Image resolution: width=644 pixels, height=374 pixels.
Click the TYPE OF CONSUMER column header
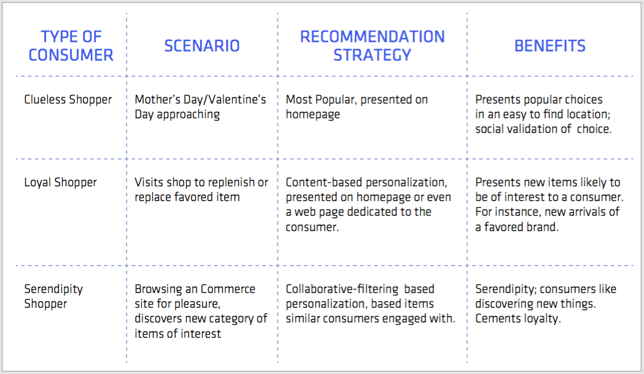point(71,46)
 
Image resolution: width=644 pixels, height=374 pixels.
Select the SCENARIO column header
point(202,46)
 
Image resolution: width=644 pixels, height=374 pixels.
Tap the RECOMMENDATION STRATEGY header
point(372,46)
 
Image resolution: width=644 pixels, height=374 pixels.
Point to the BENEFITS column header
point(550,46)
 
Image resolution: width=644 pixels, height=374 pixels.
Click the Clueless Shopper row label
point(68,100)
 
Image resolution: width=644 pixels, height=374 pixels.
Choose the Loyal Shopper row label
point(60,183)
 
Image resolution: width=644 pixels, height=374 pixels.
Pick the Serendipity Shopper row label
point(53,297)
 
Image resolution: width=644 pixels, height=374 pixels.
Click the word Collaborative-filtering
point(342,289)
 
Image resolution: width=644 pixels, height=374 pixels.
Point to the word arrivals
point(586,212)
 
